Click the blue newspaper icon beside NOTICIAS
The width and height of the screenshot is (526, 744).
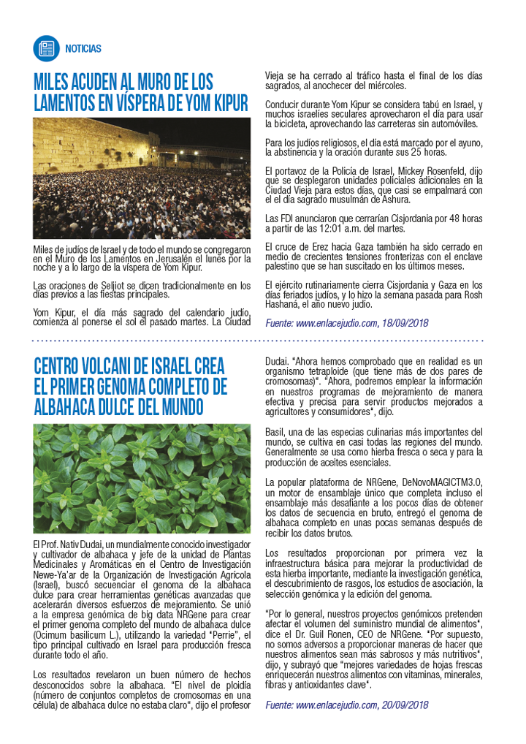pos(46,48)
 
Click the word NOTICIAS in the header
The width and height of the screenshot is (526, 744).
pos(83,49)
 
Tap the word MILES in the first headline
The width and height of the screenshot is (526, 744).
pos(55,80)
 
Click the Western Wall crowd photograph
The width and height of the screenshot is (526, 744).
pos(142,178)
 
